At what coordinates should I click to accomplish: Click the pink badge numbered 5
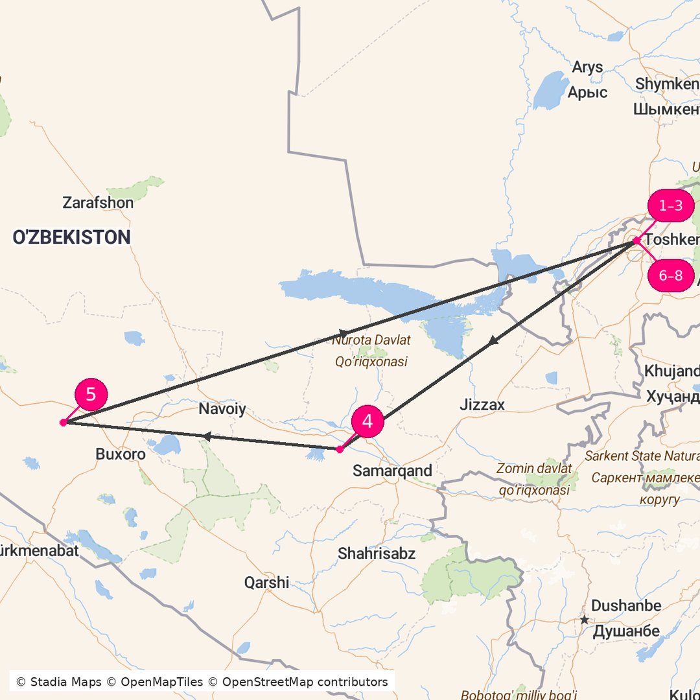91,394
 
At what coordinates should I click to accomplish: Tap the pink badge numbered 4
367,422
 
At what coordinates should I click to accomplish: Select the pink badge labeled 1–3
671,206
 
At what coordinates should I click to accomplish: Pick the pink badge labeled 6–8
671,275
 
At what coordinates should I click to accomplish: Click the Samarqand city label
392,471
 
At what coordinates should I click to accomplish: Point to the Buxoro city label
121,454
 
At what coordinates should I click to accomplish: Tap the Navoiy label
222,409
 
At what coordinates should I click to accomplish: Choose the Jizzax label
482,405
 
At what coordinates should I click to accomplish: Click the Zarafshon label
98,203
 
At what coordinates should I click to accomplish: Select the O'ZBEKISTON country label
71,237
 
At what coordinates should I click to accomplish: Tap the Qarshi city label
266,582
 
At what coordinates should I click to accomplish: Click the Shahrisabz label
377,554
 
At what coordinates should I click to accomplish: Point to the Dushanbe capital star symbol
585,620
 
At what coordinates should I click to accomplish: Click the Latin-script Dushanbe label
626,606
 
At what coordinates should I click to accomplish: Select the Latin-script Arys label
587,67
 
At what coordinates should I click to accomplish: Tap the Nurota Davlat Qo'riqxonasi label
371,351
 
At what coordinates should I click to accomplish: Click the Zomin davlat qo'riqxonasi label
535,479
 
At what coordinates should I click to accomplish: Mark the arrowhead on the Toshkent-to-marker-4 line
493,340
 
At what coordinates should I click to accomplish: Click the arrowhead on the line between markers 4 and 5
206,437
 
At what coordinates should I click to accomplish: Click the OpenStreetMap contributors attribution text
305,682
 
